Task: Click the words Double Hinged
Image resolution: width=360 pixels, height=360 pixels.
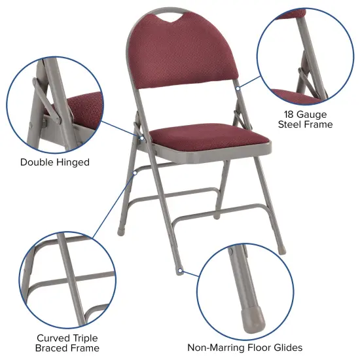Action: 55,162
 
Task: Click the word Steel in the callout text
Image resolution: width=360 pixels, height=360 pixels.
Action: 292,124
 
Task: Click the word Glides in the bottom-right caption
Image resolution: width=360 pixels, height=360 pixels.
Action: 287,348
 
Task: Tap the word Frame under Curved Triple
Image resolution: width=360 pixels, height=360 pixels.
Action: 85,348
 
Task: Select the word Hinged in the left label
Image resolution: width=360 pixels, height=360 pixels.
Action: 73,162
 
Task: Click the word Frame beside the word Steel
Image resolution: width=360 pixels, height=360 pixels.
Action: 320,124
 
